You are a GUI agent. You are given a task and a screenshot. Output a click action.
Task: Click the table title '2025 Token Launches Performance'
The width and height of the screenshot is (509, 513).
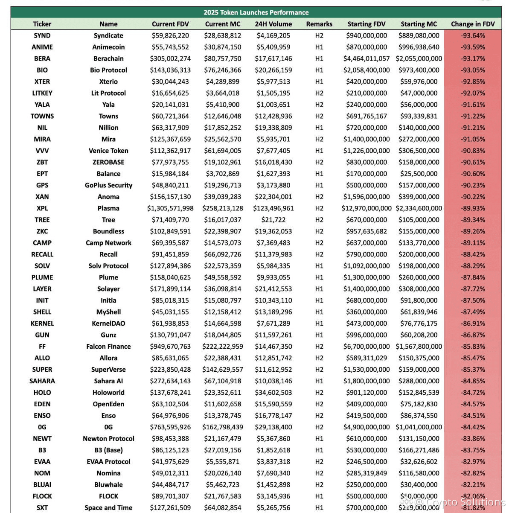click(x=256, y=12)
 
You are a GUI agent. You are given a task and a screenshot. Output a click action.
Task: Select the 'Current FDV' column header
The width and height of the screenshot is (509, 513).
click(x=170, y=24)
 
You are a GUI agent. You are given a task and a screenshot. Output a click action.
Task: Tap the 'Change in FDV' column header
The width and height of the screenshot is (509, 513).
click(x=473, y=24)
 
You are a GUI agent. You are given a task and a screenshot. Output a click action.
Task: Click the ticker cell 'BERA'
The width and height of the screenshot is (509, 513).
click(x=42, y=58)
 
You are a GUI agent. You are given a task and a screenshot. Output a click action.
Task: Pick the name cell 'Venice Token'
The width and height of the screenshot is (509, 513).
click(x=108, y=151)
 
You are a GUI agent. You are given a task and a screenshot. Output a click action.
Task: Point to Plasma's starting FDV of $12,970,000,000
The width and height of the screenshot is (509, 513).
click(x=366, y=208)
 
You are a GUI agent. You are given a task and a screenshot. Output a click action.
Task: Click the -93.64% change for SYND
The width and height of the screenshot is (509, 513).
click(x=473, y=35)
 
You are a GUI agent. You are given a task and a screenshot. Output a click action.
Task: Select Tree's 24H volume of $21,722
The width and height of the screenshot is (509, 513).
click(x=273, y=220)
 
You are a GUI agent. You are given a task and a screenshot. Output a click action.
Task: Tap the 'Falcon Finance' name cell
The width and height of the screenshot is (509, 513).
click(x=108, y=347)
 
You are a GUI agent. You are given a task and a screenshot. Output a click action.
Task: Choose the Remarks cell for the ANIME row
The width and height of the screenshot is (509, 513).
click(x=319, y=47)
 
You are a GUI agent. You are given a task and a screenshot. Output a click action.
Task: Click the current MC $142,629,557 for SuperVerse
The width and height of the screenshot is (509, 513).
click(x=223, y=370)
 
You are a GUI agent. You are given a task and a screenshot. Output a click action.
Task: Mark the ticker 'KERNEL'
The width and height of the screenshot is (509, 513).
click(x=42, y=324)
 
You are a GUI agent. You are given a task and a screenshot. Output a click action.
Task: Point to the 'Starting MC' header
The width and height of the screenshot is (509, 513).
click(x=419, y=24)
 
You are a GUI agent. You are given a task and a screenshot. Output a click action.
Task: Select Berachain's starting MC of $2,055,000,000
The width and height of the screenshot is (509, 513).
click(x=419, y=58)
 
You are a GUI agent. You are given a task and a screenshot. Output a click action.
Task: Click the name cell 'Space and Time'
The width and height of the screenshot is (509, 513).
click(x=108, y=507)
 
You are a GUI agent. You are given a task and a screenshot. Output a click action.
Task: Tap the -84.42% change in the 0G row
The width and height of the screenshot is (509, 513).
click(x=473, y=427)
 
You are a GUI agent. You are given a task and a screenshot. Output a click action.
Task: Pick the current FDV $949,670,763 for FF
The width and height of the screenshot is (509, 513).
click(x=170, y=347)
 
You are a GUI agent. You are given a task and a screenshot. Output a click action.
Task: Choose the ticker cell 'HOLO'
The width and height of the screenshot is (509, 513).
click(x=42, y=393)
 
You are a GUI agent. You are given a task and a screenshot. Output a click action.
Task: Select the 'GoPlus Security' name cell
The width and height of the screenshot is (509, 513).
click(x=108, y=185)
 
